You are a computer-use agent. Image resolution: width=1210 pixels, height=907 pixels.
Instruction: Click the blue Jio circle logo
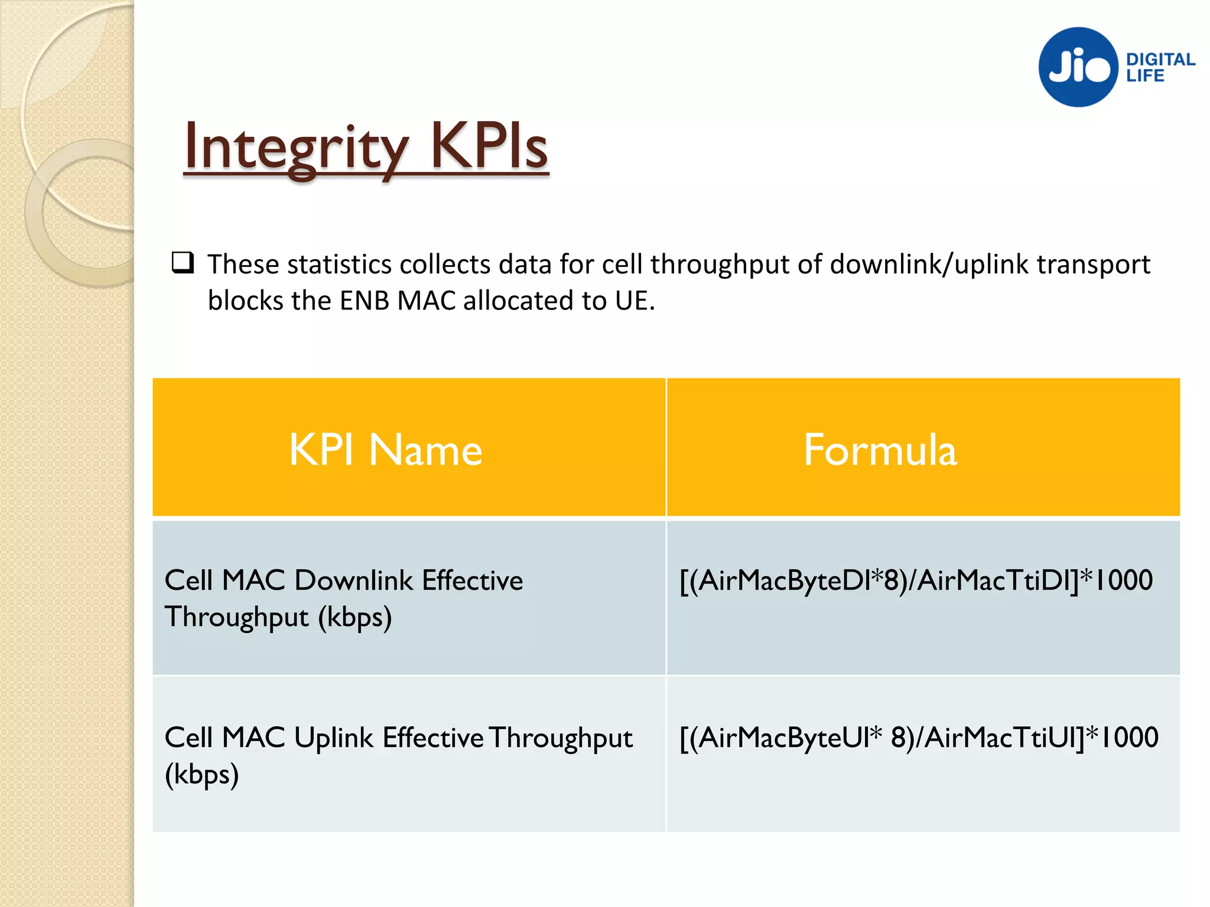pos(1078,67)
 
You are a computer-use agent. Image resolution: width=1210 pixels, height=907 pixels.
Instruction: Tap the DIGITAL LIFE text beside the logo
pos(1160,67)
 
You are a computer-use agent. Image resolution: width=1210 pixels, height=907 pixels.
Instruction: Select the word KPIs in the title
pos(489,146)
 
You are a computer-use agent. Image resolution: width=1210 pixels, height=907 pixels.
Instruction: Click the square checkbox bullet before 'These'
pos(183,262)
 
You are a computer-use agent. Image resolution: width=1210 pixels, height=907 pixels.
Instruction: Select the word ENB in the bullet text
pos(365,301)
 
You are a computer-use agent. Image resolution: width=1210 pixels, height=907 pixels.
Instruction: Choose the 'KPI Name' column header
pos(385,450)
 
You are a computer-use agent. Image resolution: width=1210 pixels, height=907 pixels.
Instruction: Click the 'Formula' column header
pos(880,450)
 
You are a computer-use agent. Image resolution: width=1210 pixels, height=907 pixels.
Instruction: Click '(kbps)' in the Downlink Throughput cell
pos(354,618)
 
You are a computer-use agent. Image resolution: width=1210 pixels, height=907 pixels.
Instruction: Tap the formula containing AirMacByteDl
pos(916,580)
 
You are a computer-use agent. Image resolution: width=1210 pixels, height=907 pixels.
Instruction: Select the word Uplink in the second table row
pos(334,738)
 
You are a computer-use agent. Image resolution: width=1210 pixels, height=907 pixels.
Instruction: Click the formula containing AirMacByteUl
pos(919,738)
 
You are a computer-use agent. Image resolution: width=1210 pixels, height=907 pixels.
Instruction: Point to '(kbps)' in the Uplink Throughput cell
pos(201,775)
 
